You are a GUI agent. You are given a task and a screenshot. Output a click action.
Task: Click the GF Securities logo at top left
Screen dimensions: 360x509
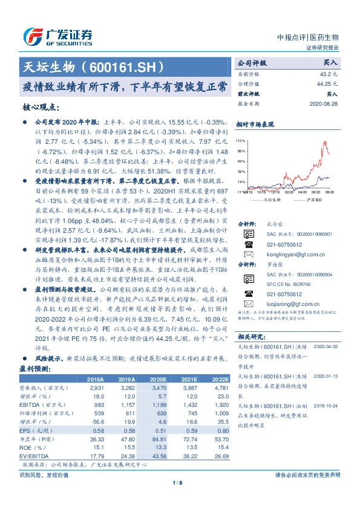pos(57,36)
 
